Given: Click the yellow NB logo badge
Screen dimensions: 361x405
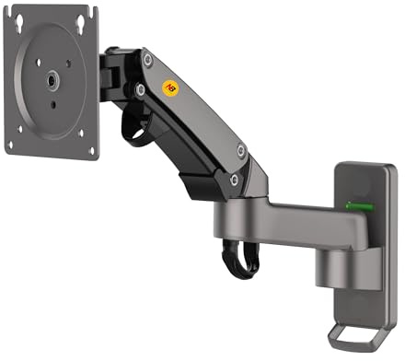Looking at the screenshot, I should tap(170, 89).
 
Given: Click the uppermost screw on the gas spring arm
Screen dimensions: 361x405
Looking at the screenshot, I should tap(147, 58).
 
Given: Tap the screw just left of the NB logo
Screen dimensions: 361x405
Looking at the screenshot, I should tap(140, 90).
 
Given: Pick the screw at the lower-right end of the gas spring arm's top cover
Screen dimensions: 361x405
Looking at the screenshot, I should tap(240, 149).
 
